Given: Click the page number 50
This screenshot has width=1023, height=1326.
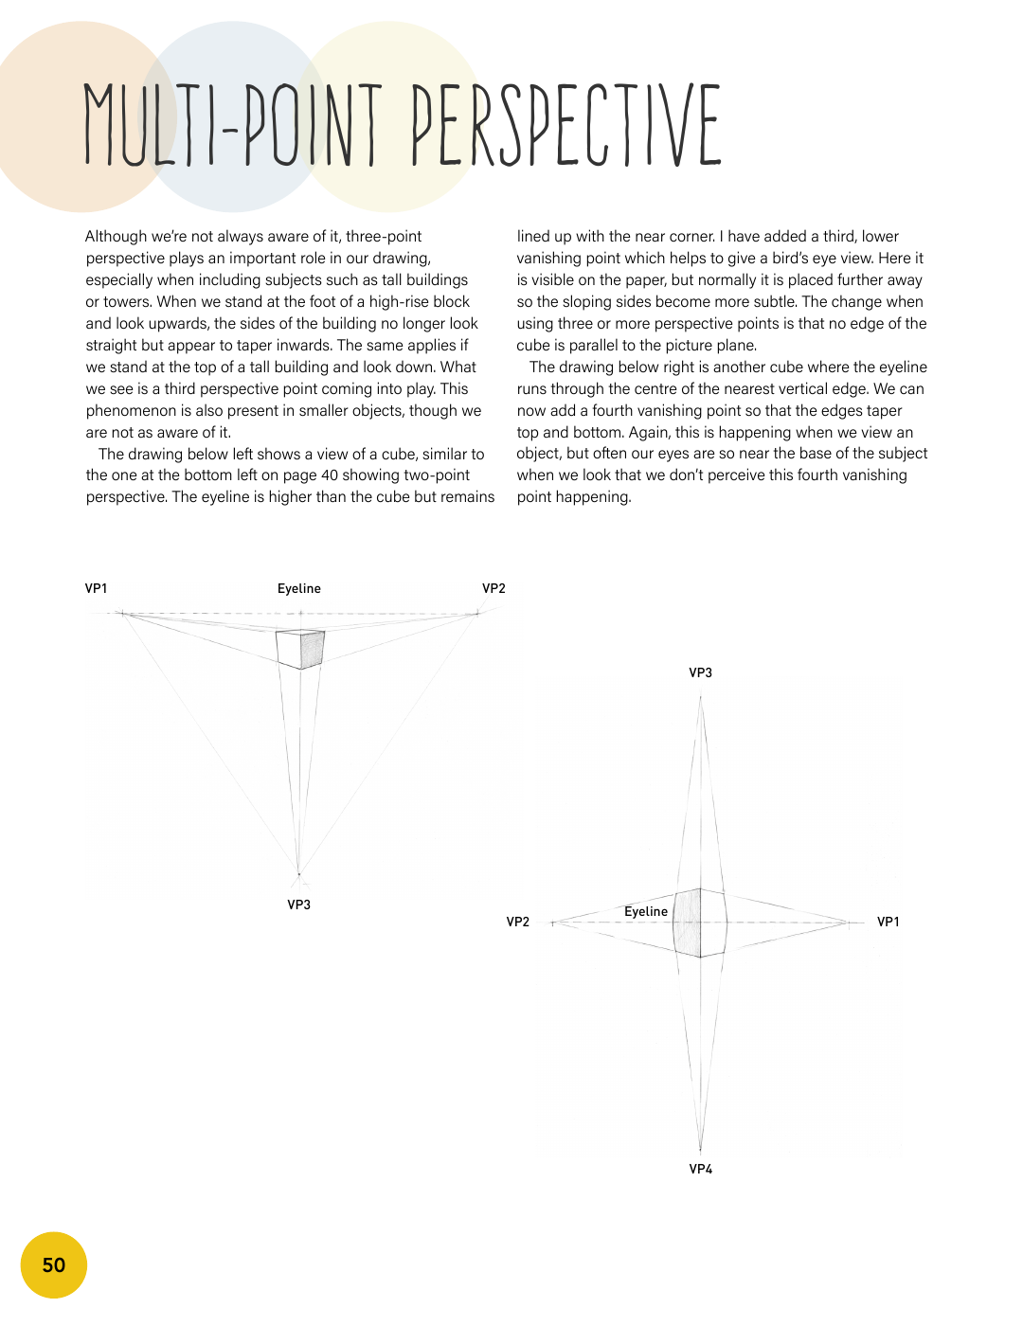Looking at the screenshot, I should coord(54,1265).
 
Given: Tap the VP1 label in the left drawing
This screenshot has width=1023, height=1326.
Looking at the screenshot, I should coord(96,588).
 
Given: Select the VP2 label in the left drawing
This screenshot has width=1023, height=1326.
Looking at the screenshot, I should coord(494,588).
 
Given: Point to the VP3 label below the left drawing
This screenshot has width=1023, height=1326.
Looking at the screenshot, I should coord(298,905).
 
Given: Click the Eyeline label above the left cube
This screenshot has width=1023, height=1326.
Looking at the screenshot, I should coord(298,588).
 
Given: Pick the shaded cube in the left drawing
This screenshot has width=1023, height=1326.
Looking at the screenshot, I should coord(301,649).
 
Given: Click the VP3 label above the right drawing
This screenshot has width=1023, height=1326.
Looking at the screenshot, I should coord(700,672).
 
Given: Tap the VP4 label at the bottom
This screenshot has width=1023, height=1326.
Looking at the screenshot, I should coord(700,1169).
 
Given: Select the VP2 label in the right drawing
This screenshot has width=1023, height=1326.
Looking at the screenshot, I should coord(517,922).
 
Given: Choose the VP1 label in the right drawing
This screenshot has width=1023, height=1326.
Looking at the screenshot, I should coord(888,922).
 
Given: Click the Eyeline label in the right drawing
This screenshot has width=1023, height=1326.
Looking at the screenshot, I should coord(645,911).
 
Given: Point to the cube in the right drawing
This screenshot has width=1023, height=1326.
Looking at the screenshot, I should coord(700,923).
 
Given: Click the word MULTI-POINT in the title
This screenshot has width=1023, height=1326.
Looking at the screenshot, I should coord(233,125).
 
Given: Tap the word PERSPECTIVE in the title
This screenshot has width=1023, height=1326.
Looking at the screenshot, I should coord(566,125).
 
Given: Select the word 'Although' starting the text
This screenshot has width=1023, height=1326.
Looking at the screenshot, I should coord(117,237).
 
